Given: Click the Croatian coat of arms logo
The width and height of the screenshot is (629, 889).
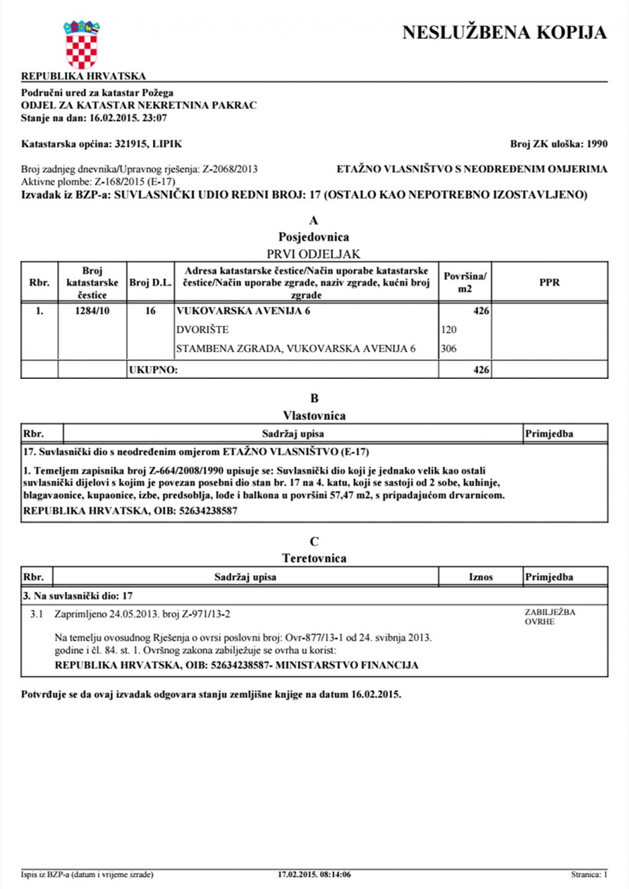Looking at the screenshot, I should [82, 44].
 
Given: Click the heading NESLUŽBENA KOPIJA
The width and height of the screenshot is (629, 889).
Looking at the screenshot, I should [503, 32].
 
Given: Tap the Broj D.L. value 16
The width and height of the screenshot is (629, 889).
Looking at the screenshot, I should [149, 310].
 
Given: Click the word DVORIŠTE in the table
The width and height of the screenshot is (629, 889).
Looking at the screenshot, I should [202, 329].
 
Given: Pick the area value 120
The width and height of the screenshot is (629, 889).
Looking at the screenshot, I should [449, 329].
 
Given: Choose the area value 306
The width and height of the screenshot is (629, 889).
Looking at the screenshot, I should [449, 349].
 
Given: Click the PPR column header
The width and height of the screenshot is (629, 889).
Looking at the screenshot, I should [549, 282].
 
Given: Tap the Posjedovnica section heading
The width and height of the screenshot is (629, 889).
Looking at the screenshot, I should [314, 237].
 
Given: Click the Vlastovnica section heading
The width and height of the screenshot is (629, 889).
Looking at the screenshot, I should [314, 415].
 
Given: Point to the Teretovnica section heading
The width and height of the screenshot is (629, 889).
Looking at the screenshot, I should [314, 558].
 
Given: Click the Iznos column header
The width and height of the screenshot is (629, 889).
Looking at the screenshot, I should [480, 577].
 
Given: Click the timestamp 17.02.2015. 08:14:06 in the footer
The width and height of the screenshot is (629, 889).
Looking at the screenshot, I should [314, 875].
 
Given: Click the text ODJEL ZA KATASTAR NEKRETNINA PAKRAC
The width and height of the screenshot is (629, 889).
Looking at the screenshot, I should [139, 105].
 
